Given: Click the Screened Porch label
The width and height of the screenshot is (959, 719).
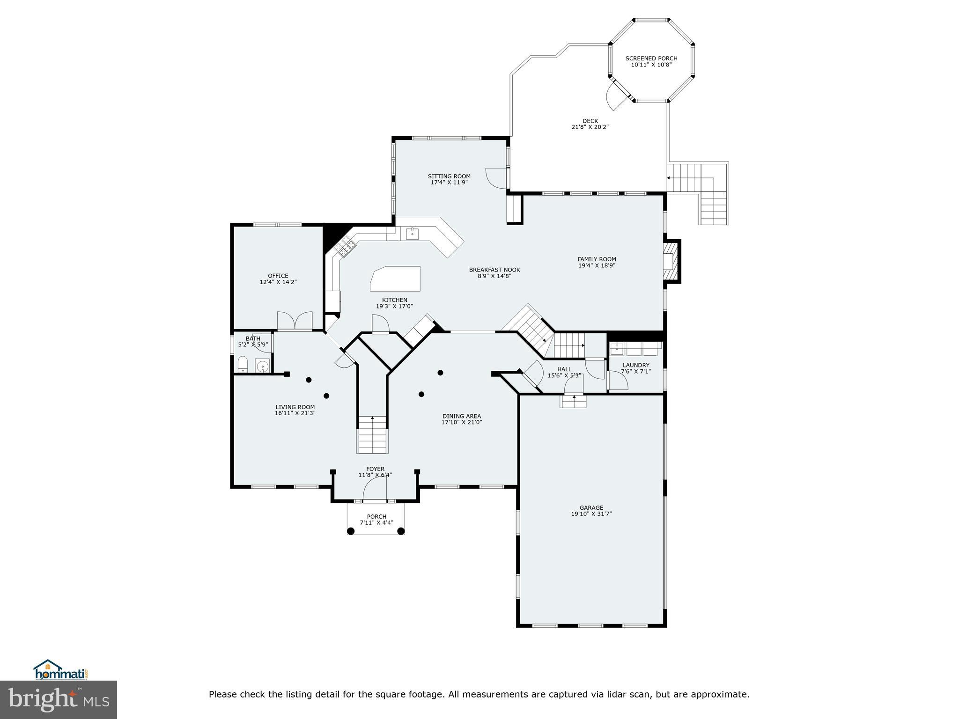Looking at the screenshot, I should click(651, 59).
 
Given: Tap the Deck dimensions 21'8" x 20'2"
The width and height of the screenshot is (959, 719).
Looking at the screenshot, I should click(590, 127).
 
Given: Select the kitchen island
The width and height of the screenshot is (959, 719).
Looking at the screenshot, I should click(396, 279).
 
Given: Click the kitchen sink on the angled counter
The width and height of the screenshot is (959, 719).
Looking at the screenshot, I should click(412, 234).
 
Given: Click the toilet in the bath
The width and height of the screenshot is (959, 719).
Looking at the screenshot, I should click(243, 365).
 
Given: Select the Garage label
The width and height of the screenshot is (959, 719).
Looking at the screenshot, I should click(591, 507).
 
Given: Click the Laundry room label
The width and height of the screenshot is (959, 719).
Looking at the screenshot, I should click(636, 365).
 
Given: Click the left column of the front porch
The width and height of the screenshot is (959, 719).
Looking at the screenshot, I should click(351, 531).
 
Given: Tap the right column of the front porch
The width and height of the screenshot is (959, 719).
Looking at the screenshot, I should click(401, 531).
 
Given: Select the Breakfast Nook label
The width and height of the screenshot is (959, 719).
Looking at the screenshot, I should click(494, 270).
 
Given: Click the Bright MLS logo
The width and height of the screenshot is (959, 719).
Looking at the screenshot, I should click(59, 699).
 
